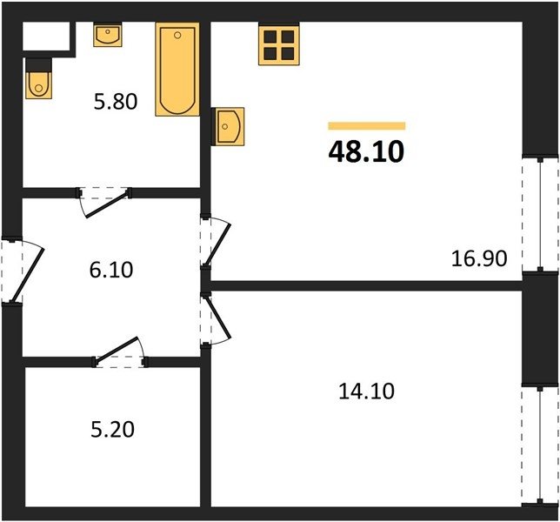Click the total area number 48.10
[x=366, y=151]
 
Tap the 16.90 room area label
[x=479, y=258]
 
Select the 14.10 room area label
[x=366, y=391]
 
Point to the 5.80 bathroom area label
[x=116, y=101]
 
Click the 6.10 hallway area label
[x=111, y=270]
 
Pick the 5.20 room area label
[x=112, y=429]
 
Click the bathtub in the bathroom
[x=177, y=70]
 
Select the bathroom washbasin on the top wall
[x=108, y=35]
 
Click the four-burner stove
[x=279, y=45]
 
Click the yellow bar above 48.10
[x=367, y=126]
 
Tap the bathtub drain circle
[x=177, y=35]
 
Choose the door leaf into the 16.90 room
[x=217, y=245]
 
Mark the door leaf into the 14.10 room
[x=217, y=317]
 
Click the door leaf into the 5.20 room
[x=116, y=351]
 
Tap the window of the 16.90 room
[x=540, y=214]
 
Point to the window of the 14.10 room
[x=540, y=445]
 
